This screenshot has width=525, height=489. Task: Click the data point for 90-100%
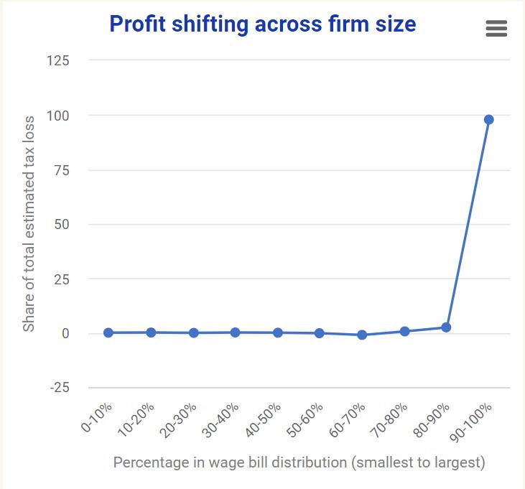coord(489,120)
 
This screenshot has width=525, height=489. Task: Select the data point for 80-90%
coord(446,327)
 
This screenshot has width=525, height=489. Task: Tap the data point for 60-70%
coord(362,335)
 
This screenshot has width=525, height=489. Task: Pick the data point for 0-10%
coord(108,332)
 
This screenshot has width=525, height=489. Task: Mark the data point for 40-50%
coord(278,332)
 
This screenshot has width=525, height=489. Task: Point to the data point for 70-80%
coord(404,331)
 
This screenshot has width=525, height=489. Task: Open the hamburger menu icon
coord(496,28)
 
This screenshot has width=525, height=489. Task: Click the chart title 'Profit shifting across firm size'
coord(262,24)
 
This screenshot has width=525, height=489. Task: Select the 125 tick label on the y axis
coord(57,60)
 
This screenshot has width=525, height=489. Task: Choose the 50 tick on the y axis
coord(62,224)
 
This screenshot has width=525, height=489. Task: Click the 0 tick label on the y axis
coord(65,333)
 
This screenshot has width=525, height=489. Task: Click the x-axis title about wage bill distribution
coord(299,462)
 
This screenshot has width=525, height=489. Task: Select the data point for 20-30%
coord(194,333)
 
